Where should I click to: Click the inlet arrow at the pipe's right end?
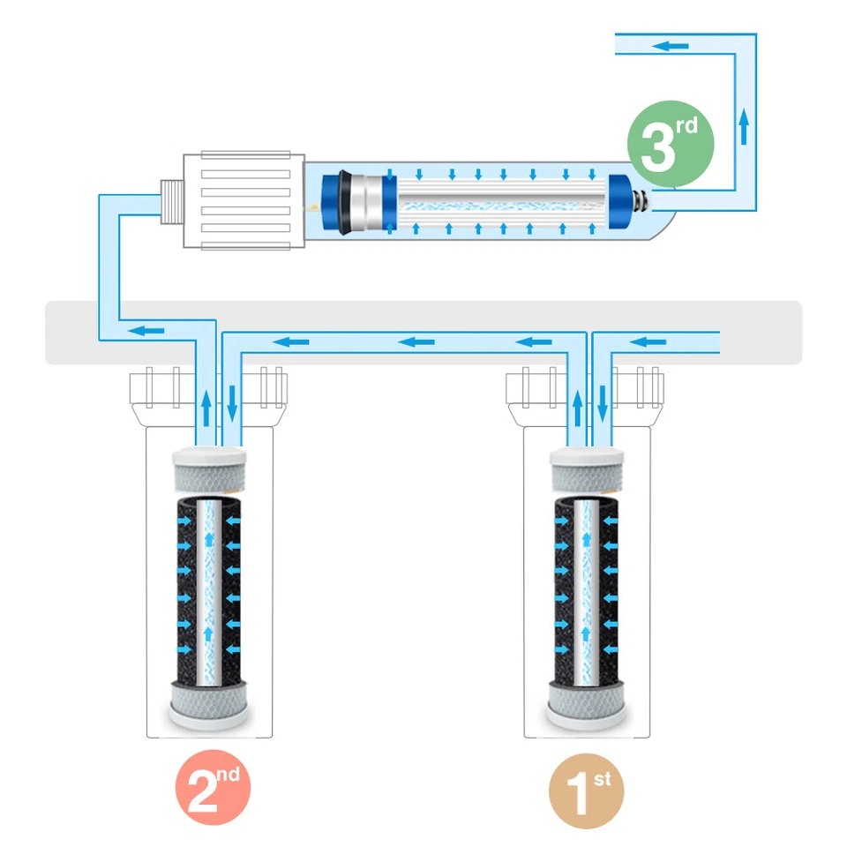tap(651, 341)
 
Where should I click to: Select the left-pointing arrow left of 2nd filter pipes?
tap(150, 330)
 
